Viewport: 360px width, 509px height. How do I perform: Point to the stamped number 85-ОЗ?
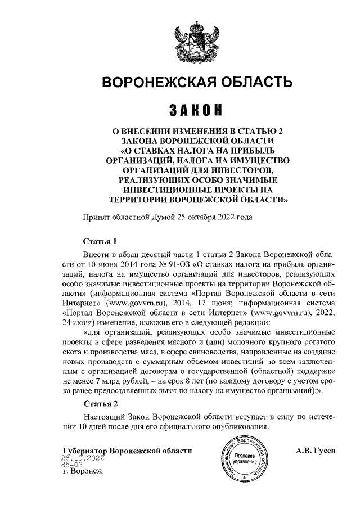[x=72, y=465]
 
